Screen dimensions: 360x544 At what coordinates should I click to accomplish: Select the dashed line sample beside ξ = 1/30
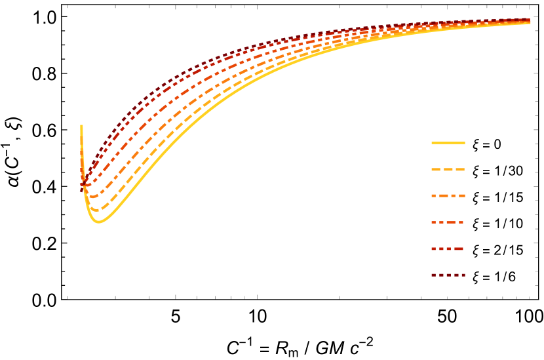point(448,170)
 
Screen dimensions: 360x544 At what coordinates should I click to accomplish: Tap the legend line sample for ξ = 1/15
point(448,196)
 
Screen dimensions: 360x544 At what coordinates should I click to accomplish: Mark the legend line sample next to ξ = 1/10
point(448,222)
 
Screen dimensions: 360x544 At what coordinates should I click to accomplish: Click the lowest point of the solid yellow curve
point(98,222)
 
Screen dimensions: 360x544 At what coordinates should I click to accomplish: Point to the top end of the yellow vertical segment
point(81,125)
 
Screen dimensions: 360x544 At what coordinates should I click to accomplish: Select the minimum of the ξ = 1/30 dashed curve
point(96,210)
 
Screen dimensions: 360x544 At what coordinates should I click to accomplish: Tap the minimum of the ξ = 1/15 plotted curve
point(92,196)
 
